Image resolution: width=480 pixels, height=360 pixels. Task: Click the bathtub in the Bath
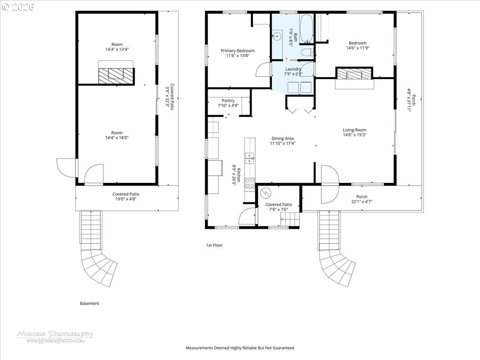pyautogui.click(x=306, y=28)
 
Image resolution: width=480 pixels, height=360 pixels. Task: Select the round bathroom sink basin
pyautogui.click(x=277, y=36)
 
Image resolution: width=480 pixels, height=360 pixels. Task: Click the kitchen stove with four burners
pyautogui.click(x=250, y=183)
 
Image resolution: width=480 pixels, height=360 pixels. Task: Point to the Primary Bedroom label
pyautogui.click(x=238, y=51)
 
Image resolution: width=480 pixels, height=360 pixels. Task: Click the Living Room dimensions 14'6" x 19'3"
pyautogui.click(x=354, y=135)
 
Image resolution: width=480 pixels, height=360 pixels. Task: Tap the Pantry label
pyautogui.click(x=228, y=100)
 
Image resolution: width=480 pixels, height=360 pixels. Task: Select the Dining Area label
pyautogui.click(x=282, y=138)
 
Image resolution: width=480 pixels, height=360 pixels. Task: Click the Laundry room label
pyautogui.click(x=293, y=69)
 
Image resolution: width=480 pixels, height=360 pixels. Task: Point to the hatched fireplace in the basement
pyautogui.click(x=116, y=76)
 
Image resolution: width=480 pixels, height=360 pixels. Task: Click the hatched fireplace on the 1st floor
pyautogui.click(x=354, y=74)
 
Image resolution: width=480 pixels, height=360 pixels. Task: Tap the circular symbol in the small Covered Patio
pyautogui.click(x=266, y=193)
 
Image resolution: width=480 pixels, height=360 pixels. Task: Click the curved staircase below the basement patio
pyautogui.click(x=98, y=268)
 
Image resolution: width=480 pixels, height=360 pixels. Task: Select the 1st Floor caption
pyautogui.click(x=214, y=245)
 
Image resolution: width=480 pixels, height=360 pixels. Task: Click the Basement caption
pyautogui.click(x=90, y=303)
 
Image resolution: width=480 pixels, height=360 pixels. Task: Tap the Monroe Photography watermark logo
pyautogui.click(x=55, y=337)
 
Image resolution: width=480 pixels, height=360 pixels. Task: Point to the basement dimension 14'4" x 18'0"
pyautogui.click(x=117, y=138)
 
